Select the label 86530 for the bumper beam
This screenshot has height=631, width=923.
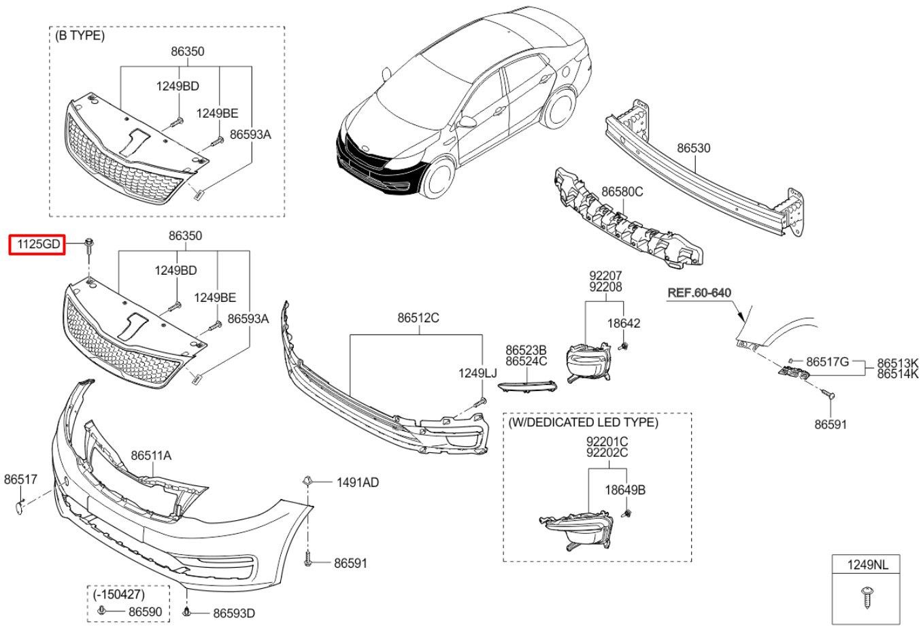[693, 148]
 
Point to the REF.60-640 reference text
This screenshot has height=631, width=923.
[699, 293]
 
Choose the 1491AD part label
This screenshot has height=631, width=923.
[357, 483]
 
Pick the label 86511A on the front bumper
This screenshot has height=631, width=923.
[151, 456]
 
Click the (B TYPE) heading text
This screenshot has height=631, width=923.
[80, 36]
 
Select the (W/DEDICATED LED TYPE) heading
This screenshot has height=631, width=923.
[583, 422]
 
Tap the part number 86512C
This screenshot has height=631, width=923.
[418, 318]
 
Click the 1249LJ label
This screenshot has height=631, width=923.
[477, 373]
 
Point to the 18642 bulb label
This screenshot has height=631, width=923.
[624, 324]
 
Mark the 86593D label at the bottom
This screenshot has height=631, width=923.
[234, 613]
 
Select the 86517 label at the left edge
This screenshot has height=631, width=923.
[20, 479]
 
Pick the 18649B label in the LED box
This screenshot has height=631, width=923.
[625, 490]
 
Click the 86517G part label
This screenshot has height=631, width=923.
[828, 362]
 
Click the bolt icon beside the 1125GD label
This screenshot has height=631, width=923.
[89, 247]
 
